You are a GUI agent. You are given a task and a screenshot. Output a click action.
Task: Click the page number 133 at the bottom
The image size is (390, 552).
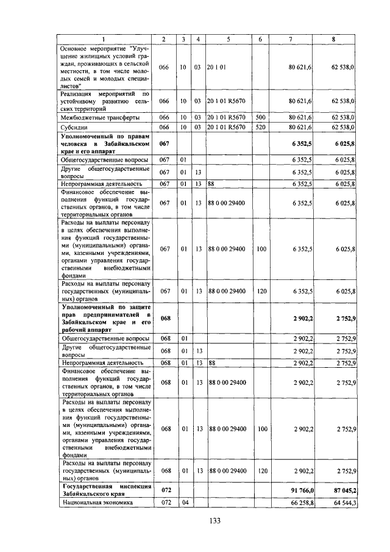click(214, 520)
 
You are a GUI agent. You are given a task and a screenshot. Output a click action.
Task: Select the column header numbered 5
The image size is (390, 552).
click(227, 39)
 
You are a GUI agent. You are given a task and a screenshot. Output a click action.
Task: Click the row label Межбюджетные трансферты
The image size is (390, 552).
click(100, 116)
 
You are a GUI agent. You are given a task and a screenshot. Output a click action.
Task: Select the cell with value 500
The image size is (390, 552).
click(261, 116)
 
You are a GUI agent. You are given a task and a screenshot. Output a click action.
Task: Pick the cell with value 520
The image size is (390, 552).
click(261, 127)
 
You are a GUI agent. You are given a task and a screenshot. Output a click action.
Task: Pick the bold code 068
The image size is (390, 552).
click(165, 318)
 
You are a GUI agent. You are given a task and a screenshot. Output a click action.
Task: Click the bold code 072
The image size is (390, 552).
click(165, 490)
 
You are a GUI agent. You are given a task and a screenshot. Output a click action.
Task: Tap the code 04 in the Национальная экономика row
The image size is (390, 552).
click(183, 503)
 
